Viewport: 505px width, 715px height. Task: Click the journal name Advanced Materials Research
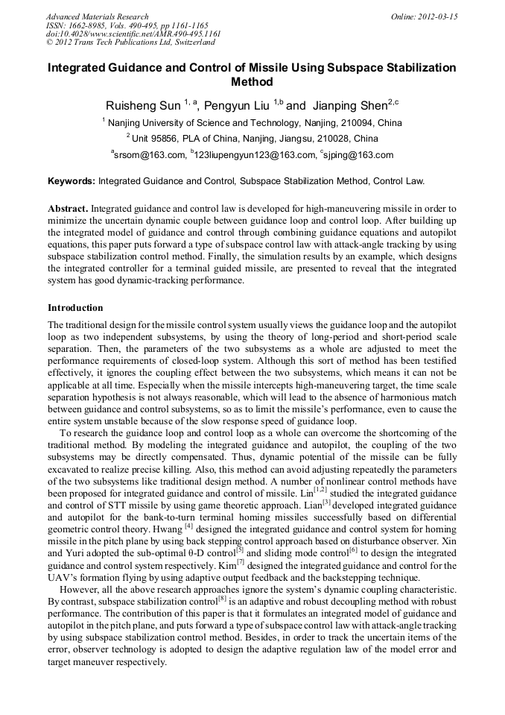(97, 16)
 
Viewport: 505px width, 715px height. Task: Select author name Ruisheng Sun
(142, 105)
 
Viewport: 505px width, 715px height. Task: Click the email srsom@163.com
(150, 155)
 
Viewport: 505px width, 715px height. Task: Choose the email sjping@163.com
(359, 155)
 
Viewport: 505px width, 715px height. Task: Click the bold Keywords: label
(72, 180)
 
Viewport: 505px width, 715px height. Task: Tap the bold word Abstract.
(68, 209)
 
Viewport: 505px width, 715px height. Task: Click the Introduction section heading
(75, 308)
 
